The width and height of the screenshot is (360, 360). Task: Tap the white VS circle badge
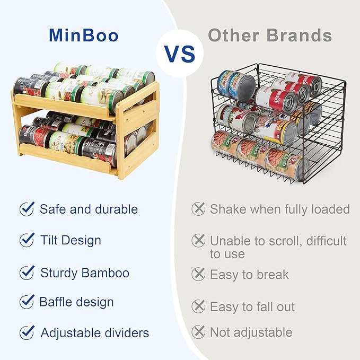coord(179,54)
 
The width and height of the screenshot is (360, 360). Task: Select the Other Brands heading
coord(270,36)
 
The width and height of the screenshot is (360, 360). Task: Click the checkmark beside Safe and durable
coord(27,209)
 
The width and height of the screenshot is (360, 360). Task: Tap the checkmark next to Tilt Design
coord(27,240)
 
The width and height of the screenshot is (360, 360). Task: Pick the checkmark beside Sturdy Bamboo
coord(27,273)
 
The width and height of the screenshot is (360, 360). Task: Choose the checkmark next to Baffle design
coord(27,302)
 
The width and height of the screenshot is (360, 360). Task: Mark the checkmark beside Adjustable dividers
coord(27,333)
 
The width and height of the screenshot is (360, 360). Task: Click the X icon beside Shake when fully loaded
coord(198,209)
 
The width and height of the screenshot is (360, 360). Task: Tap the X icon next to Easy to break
coord(198,274)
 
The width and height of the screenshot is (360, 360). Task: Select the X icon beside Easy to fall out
coord(198,306)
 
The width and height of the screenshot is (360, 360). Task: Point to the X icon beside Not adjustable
coord(198,332)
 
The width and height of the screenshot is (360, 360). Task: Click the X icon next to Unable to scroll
coord(198,241)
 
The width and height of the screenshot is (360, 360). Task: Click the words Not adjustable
coord(251,332)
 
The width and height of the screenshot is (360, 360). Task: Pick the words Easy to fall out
coord(252,306)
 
